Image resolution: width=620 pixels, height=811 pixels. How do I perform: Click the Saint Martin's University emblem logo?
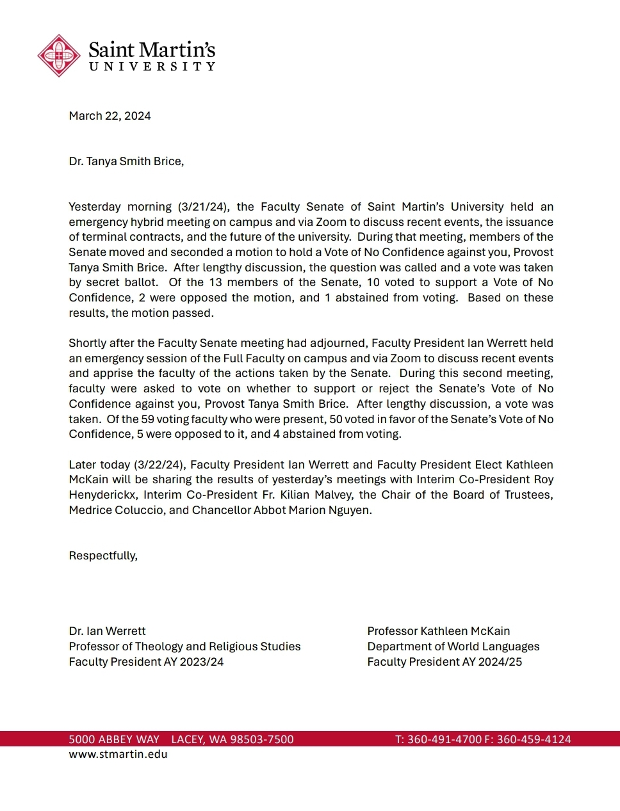pyautogui.click(x=59, y=56)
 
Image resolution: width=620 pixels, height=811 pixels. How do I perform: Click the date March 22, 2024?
pyautogui.click(x=110, y=116)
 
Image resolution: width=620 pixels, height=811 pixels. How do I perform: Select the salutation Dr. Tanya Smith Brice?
pyautogui.click(x=126, y=161)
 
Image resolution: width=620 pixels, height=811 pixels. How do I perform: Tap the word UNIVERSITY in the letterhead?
pyautogui.click(x=152, y=67)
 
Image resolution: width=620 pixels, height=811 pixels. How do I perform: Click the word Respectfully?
pyautogui.click(x=103, y=556)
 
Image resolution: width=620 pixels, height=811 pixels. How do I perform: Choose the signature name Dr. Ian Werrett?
pyautogui.click(x=107, y=631)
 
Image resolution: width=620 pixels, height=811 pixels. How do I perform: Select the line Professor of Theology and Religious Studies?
pyautogui.click(x=184, y=646)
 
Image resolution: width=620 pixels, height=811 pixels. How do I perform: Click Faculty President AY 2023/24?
pyautogui.click(x=146, y=662)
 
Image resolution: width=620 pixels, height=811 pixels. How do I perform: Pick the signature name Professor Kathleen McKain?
pyautogui.click(x=438, y=631)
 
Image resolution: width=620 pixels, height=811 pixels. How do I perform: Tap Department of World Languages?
pyautogui.click(x=453, y=646)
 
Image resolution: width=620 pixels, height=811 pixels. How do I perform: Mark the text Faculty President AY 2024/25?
pyautogui.click(x=445, y=662)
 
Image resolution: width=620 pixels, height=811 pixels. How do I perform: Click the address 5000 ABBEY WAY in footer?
pyautogui.click(x=114, y=739)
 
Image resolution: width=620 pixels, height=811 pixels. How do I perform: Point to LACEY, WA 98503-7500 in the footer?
pyautogui.click(x=232, y=739)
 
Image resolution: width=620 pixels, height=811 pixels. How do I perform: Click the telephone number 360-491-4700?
pyautogui.click(x=444, y=739)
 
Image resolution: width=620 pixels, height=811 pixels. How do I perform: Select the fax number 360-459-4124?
pyautogui.click(x=534, y=739)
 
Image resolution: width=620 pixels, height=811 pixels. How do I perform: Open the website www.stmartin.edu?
pyautogui.click(x=118, y=754)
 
